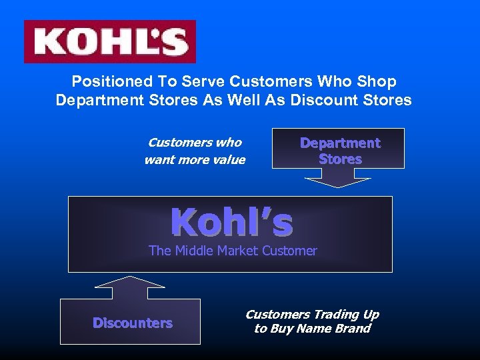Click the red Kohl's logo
point(110,41)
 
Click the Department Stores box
point(340,151)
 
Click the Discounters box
point(132,323)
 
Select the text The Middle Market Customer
point(233,251)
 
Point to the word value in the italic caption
point(229,160)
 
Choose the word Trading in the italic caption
point(337,314)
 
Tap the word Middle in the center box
point(192,251)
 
